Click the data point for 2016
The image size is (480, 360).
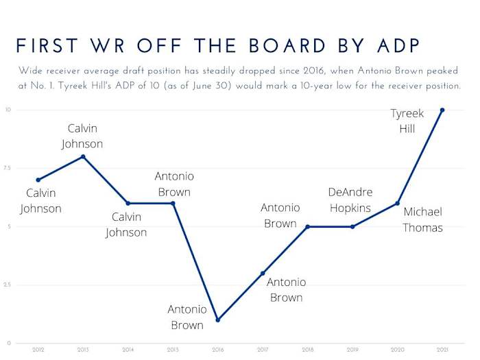[x=217, y=320]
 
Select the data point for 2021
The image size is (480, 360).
[x=442, y=110]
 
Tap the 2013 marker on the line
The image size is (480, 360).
[x=83, y=156]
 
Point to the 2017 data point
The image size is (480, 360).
[x=263, y=273]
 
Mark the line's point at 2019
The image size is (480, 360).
[x=352, y=226]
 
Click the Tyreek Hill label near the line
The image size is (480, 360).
[x=407, y=121]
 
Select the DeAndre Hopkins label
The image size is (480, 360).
[x=350, y=200]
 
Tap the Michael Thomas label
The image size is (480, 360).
[x=422, y=219]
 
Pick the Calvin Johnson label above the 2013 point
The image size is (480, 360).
[x=82, y=136]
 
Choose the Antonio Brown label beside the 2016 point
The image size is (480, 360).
[x=187, y=317]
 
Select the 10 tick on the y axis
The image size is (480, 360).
[x=8, y=110]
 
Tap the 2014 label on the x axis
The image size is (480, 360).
[x=128, y=350]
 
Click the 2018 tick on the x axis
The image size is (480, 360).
[x=307, y=350]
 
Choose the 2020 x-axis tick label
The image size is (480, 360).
[x=397, y=350]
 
